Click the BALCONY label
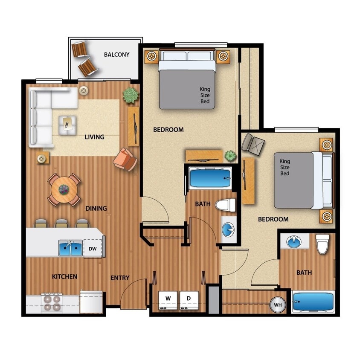coord(116,55)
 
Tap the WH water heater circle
coord(278,305)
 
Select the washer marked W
coord(168,300)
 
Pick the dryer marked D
coord(189,300)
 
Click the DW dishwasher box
coord(93,249)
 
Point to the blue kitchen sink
coord(70,248)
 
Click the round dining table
coord(64,189)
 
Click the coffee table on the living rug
coord(68,124)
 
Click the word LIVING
coord(94,137)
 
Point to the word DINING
coord(96,209)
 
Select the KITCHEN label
coord(64,277)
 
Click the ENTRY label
coord(120,278)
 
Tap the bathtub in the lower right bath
coord(313,302)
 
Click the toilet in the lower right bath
coord(322,244)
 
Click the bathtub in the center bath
coord(210,178)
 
